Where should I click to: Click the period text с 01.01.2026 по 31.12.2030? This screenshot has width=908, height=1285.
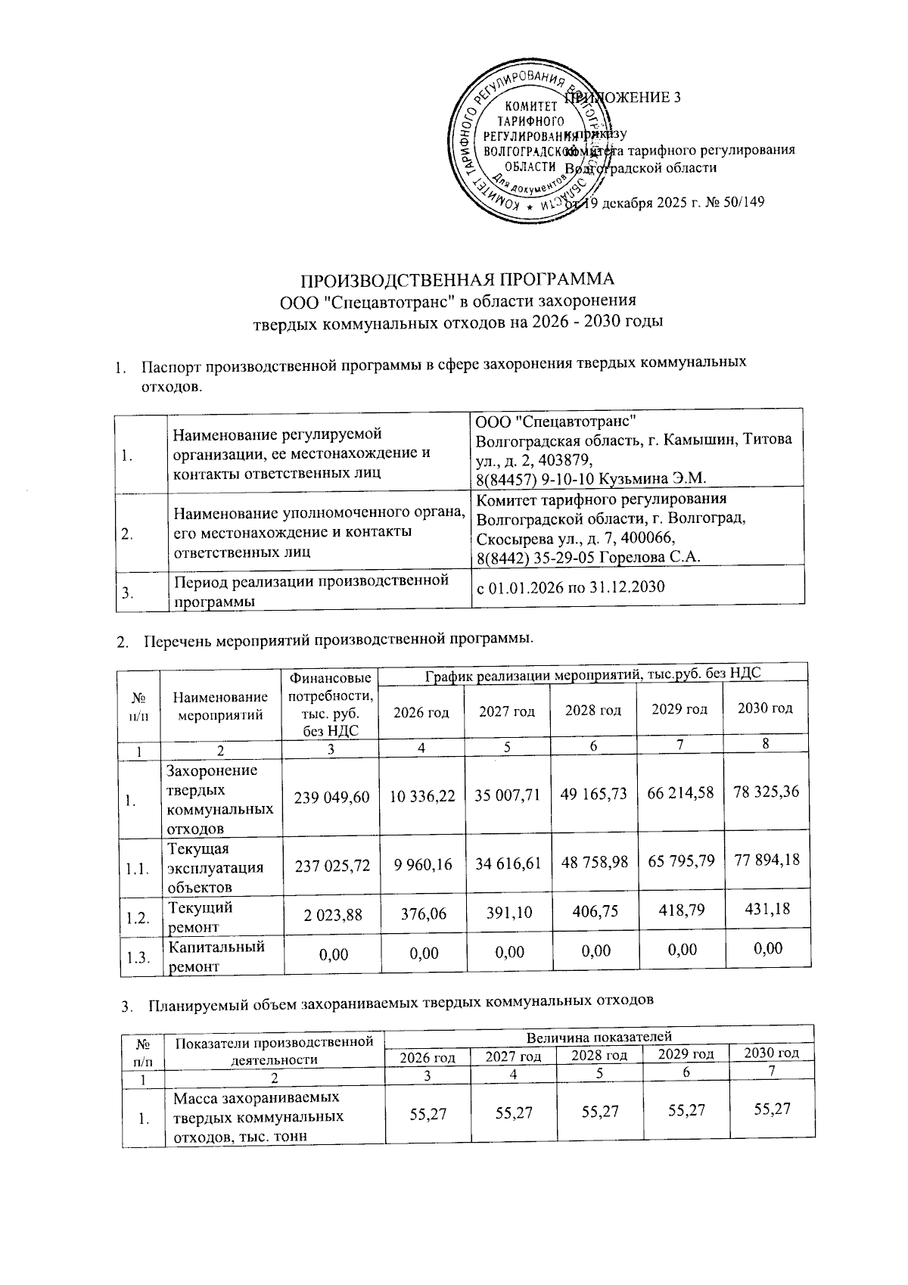[x=570, y=586]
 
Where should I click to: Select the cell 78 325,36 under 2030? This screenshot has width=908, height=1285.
[x=767, y=792]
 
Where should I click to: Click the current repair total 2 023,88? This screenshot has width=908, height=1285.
[x=332, y=915]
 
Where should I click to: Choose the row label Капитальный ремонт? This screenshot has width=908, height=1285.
[x=216, y=956]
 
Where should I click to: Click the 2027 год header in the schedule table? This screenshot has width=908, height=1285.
[x=507, y=712]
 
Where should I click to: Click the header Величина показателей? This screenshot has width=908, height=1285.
[x=599, y=1037]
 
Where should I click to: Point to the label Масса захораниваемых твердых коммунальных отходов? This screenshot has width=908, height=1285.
[x=257, y=1117]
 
